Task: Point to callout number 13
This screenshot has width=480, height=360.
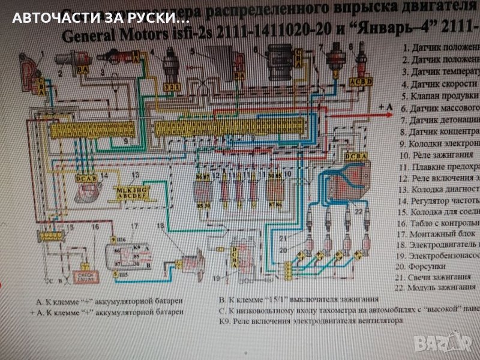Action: coord(136,175)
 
